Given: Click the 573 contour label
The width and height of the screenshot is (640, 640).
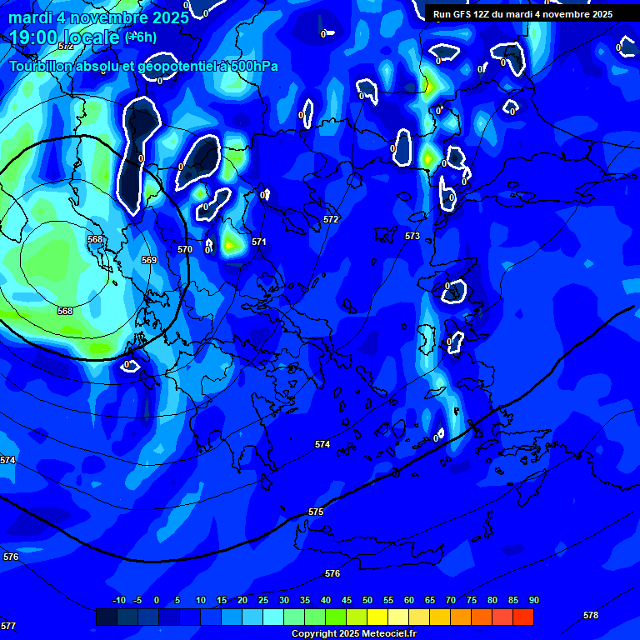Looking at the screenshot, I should [412, 237].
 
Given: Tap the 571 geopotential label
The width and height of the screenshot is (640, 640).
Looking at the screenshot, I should [259, 242].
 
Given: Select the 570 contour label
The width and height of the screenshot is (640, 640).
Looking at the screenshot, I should [185, 249].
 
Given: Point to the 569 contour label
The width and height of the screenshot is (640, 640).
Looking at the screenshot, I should [149, 261].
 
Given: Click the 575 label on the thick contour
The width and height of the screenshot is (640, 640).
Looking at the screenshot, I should [316, 512].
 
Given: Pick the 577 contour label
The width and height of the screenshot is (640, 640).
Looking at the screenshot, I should [8, 626].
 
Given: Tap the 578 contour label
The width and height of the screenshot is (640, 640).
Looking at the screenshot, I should [591, 616].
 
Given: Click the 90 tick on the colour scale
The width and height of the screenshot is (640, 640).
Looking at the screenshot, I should [533, 601].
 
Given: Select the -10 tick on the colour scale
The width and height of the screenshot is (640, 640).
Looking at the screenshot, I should [118, 601].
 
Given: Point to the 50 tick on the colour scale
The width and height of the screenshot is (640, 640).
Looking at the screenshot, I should [367, 601].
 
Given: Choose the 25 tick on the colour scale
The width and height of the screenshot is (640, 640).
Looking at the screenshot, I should [263, 601].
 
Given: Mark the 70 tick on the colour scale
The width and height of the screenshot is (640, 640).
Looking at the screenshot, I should [450, 601].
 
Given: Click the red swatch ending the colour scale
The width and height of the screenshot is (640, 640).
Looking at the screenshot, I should [523, 617].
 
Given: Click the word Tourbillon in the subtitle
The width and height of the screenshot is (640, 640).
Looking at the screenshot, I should [45, 67].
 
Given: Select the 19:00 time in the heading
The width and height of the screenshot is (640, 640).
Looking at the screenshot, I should [37, 37].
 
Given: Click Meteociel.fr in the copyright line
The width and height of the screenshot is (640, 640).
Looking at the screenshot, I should [385, 634].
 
